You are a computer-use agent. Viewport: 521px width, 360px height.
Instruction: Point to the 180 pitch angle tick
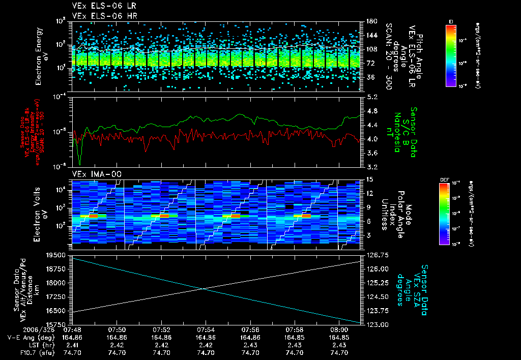pos(370,21)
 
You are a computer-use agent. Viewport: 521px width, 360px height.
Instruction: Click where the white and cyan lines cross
pos(204,289)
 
